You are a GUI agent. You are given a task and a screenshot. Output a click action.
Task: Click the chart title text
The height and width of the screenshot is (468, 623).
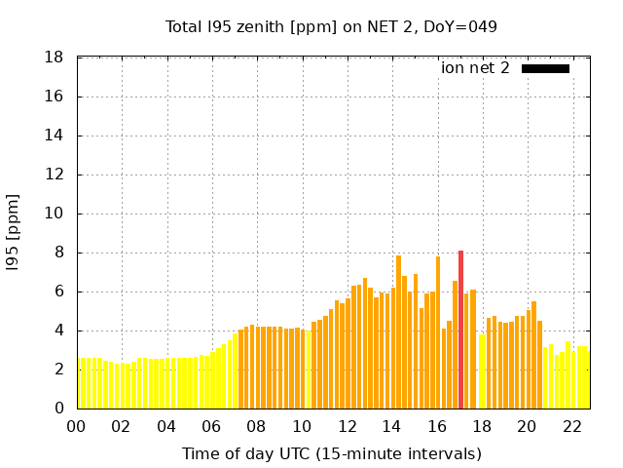[331, 26]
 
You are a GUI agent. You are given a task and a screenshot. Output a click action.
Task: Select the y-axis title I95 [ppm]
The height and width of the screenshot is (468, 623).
[14, 233]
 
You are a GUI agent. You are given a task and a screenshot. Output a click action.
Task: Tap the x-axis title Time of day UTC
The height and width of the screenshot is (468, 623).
[331, 453]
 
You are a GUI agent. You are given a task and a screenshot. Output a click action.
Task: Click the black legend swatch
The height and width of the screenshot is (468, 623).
[545, 68]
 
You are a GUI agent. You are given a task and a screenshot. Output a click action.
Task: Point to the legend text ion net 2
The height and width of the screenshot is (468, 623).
[475, 68]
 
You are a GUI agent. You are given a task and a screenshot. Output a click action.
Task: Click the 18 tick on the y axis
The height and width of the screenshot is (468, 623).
[55, 58]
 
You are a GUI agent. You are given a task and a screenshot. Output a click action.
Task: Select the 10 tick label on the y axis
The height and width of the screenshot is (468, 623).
[55, 214]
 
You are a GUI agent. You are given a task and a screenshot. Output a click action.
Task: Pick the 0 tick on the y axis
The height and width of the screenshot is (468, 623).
[59, 409]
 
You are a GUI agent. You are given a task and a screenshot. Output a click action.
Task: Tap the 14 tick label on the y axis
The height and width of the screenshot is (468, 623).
[55, 136]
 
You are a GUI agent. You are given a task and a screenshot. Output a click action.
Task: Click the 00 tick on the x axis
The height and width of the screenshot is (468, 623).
[77, 426]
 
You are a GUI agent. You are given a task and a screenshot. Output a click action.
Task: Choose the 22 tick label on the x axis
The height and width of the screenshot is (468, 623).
[572, 426]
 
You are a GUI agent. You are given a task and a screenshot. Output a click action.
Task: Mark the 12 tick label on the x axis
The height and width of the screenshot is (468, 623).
[348, 426]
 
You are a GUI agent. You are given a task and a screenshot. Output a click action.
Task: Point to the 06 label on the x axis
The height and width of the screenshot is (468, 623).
[212, 426]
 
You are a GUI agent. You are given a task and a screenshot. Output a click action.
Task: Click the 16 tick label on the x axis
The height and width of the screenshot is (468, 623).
[437, 426]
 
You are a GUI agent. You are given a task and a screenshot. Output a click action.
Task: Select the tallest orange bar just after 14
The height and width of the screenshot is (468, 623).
[398, 331]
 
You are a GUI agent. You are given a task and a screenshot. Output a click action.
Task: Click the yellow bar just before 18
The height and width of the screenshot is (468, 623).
[481, 371]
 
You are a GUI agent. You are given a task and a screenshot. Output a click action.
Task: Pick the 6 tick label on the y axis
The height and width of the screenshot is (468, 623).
[59, 292]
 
